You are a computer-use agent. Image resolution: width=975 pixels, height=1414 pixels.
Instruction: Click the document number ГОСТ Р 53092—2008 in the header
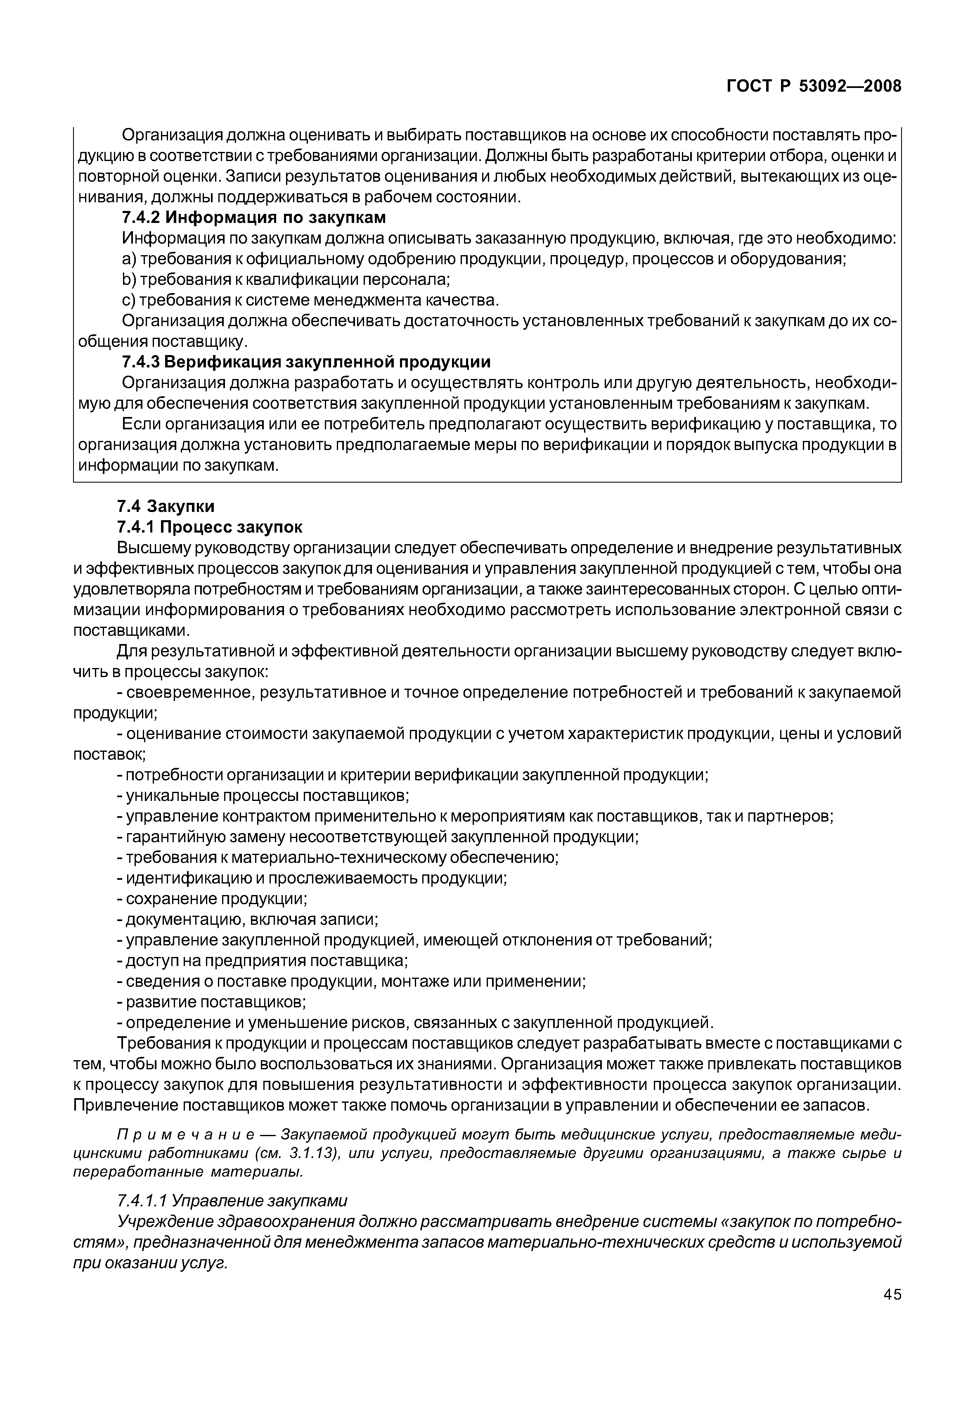[813, 87]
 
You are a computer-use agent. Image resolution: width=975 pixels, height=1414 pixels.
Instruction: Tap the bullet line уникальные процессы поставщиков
[263, 796]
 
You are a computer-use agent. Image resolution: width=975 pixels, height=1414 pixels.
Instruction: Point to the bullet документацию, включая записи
[247, 920]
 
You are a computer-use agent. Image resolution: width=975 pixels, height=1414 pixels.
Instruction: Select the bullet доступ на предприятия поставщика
[262, 961]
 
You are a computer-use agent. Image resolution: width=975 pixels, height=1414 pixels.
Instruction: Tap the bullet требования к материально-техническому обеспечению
[337, 858]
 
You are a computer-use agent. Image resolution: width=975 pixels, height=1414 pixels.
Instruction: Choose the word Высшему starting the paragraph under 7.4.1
[153, 547]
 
